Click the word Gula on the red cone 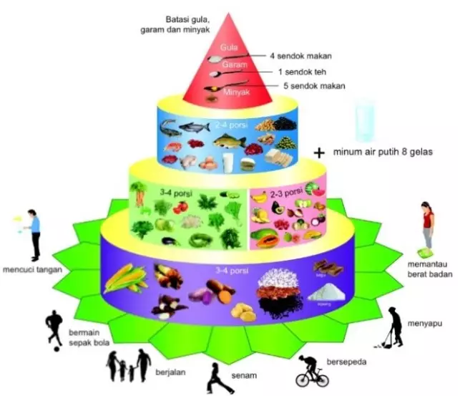[229, 47]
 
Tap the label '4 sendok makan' [300, 55]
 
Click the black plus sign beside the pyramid [319, 152]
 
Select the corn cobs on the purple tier [122, 279]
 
